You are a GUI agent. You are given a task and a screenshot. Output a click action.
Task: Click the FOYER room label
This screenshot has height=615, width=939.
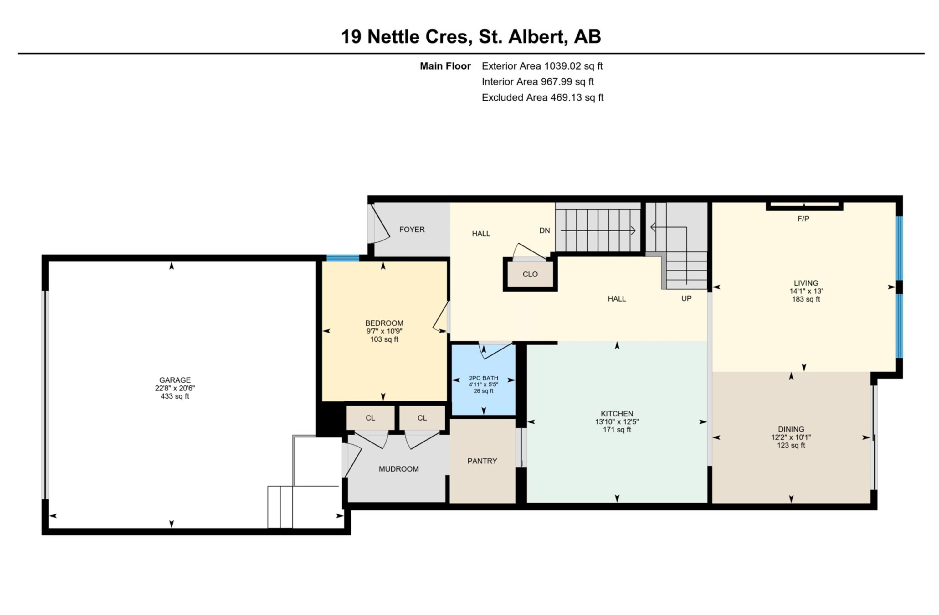tap(412, 229)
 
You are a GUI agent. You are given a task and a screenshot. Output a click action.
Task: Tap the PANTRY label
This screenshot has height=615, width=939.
tap(482, 461)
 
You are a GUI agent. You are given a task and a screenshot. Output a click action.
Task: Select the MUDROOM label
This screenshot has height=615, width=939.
tap(398, 469)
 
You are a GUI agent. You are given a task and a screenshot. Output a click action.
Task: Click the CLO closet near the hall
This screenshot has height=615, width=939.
tap(530, 274)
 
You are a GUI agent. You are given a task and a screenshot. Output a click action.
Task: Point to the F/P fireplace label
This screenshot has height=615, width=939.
tap(803, 219)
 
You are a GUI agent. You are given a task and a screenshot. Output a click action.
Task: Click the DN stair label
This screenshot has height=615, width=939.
tap(544, 230)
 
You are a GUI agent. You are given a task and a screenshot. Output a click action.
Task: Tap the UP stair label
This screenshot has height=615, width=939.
tap(686, 298)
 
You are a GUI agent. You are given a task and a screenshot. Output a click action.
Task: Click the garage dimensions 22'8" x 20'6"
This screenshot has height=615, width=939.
tap(175, 388)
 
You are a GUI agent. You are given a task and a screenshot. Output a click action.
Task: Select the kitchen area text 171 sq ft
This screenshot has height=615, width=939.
tap(617, 430)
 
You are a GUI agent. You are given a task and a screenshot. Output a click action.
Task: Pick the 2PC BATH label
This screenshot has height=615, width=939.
tap(483, 378)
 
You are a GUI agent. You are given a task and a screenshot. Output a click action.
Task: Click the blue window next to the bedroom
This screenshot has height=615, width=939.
tap(342, 258)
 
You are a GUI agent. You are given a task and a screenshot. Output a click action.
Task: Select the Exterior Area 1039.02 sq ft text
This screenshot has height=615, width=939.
tap(542, 66)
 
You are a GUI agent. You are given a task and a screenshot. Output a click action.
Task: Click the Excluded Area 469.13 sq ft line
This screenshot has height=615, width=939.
tap(542, 97)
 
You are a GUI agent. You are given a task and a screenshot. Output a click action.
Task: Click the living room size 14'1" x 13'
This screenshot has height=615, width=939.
tap(806, 291)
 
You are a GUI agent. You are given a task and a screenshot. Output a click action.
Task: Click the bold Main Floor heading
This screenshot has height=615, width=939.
tap(445, 66)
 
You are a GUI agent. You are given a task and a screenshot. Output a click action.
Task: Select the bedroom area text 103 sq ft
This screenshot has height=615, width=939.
tap(384, 339)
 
